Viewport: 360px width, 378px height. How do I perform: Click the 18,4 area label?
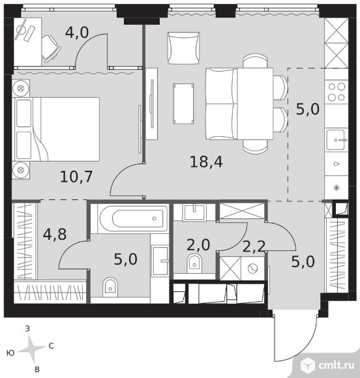tap(206, 162)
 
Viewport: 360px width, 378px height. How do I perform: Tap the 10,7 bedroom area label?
tap(76, 177)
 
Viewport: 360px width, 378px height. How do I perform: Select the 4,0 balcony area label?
tap(77, 33)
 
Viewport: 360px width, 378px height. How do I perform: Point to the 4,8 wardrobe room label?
tap(55, 234)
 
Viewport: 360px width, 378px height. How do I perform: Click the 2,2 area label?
tap(254, 246)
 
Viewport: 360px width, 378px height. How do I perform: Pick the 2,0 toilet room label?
tap(198, 244)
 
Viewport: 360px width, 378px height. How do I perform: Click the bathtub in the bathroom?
tap(134, 218)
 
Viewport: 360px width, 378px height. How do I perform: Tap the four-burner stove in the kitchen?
tap(337, 92)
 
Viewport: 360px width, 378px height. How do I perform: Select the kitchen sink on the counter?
tap(337, 140)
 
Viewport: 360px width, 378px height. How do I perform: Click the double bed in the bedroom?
tap(57, 129)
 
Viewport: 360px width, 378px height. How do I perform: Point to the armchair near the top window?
tap(183, 48)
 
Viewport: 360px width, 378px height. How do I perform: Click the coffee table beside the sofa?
tap(184, 104)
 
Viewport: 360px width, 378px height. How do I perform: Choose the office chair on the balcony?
tap(51, 49)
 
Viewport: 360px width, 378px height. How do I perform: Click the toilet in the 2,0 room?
tap(194, 263)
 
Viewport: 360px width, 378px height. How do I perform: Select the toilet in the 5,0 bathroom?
tap(110, 287)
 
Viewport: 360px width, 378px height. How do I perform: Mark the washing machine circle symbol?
tap(252, 268)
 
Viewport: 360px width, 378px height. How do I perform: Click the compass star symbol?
tap(31, 349)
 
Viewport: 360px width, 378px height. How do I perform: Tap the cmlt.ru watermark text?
tap(337, 366)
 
